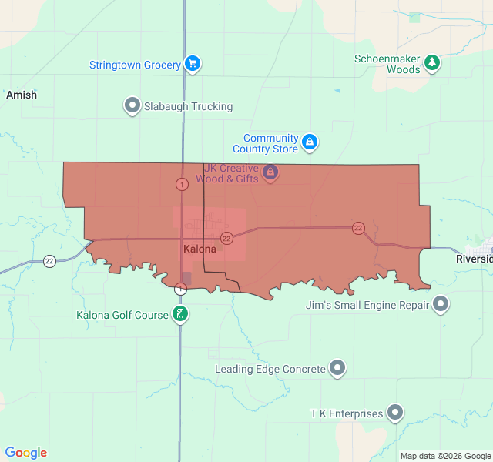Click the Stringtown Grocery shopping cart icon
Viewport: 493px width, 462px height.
pyautogui.click(x=193, y=65)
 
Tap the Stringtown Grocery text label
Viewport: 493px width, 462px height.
pyautogui.click(x=135, y=65)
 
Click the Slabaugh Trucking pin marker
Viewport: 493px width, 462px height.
pyautogui.click(x=132, y=105)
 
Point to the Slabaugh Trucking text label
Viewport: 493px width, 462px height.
pyautogui.click(x=189, y=107)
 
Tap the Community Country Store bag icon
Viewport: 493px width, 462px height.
pyautogui.click(x=309, y=142)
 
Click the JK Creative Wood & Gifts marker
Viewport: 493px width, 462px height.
pyautogui.click(x=270, y=172)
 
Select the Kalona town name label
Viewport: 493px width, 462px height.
pyautogui.click(x=200, y=249)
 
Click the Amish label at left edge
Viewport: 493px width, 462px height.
pyautogui.click(x=21, y=95)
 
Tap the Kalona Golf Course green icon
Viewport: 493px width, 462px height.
pyautogui.click(x=179, y=314)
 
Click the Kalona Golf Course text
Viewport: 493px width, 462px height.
pyautogui.click(x=122, y=316)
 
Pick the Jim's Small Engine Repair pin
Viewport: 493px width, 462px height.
pyautogui.click(x=441, y=305)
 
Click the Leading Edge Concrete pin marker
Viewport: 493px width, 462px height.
pyautogui.click(x=337, y=369)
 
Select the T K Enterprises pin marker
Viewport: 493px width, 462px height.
pyautogui.click(x=395, y=413)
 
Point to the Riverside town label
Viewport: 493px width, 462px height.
pyautogui.click(x=474, y=259)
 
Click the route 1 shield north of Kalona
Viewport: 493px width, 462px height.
pyautogui.click(x=182, y=185)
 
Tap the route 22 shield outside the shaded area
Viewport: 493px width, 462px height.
pyautogui.click(x=50, y=260)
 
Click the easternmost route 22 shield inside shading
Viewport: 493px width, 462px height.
pyautogui.click(x=358, y=228)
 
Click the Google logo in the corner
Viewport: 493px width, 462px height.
pyautogui.click(x=25, y=453)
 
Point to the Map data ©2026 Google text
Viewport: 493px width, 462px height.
pyautogui.click(x=445, y=456)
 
